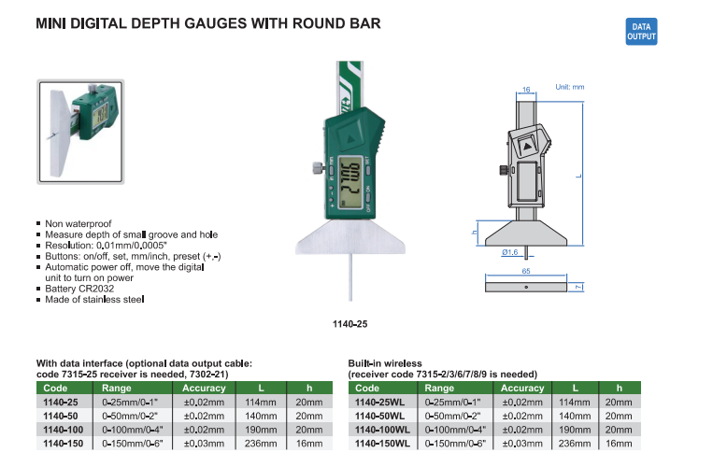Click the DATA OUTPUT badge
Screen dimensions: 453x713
(x=642, y=32)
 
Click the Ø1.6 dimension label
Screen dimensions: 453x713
(x=510, y=252)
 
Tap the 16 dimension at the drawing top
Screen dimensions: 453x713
(x=526, y=90)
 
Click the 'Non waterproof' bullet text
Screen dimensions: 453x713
(x=78, y=224)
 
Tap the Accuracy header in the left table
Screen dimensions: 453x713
(x=204, y=387)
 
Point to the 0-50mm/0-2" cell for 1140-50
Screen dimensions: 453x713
(x=132, y=414)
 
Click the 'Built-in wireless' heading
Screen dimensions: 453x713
(x=385, y=362)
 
